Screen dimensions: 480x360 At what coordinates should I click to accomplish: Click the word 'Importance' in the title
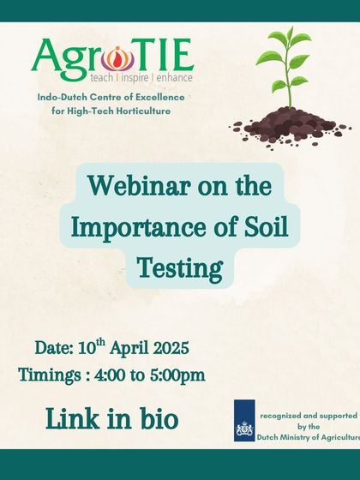(132, 227)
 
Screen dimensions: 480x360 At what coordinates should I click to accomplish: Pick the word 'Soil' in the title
(270, 227)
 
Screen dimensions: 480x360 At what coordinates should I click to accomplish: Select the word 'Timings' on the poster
(51, 375)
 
